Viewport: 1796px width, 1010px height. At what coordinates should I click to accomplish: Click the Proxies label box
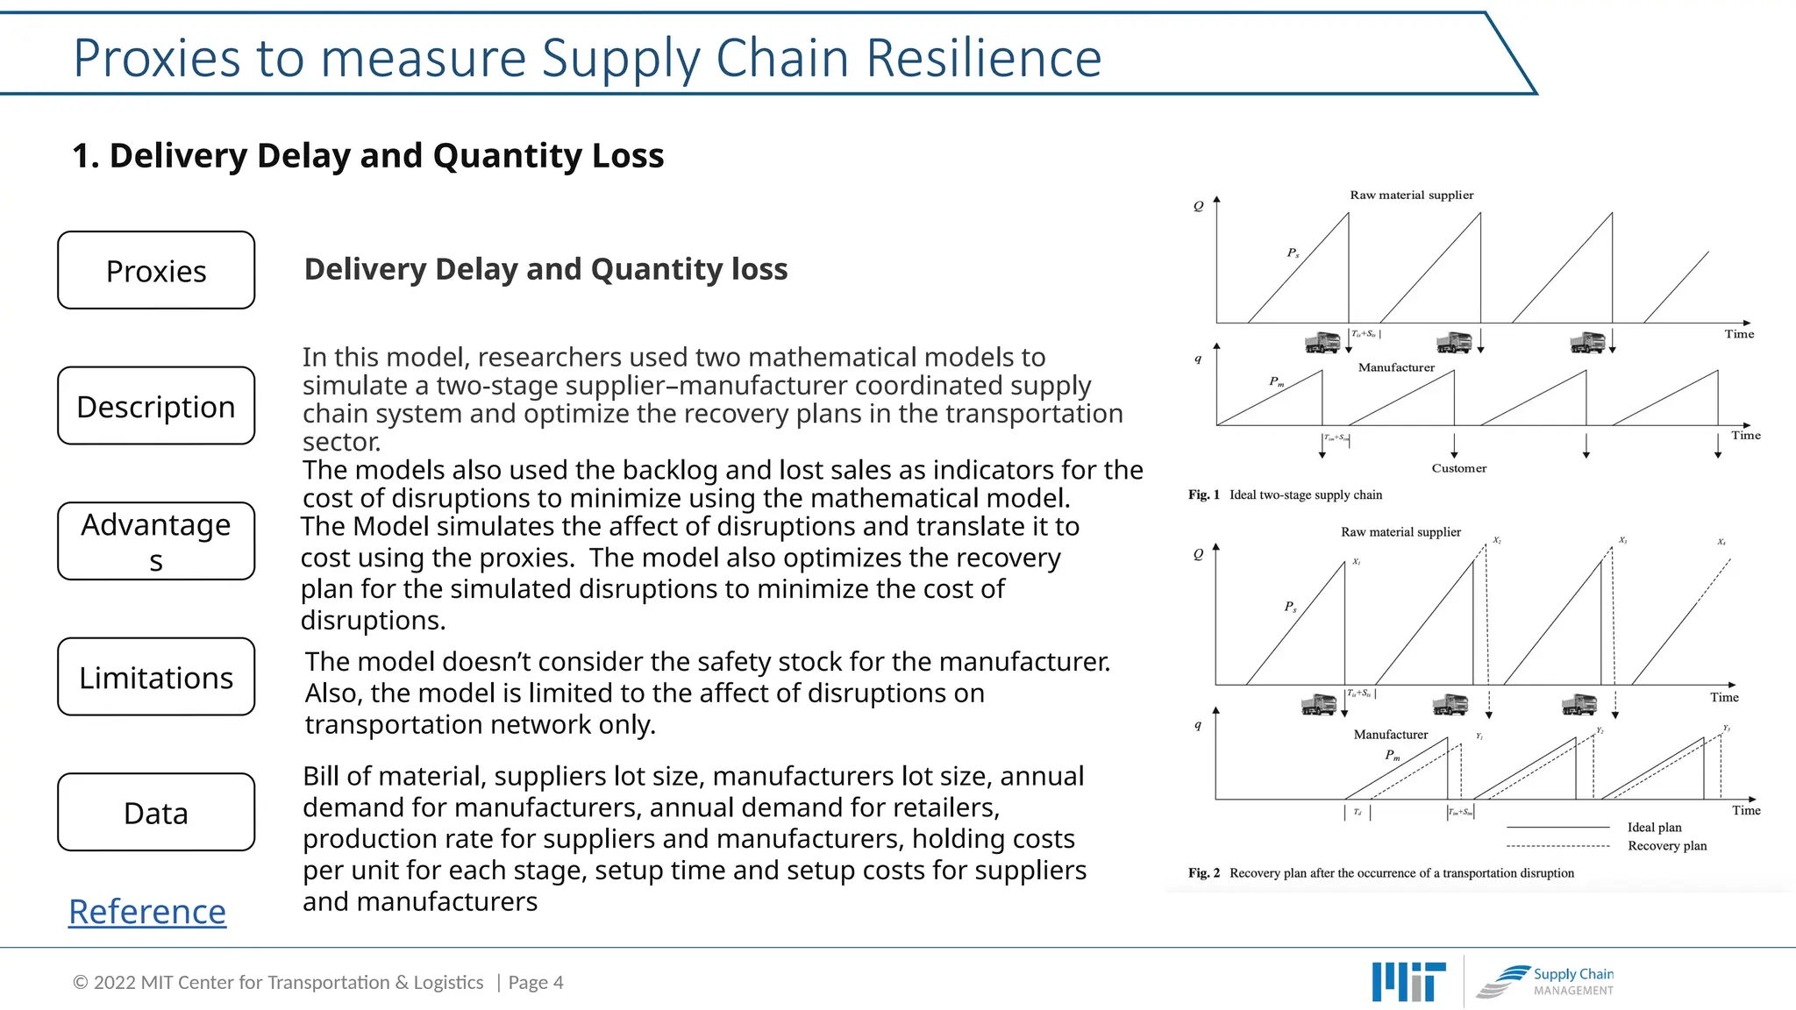pos(156,270)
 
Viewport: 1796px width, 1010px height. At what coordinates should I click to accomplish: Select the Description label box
pos(156,406)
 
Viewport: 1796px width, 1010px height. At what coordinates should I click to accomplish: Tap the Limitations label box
pos(156,677)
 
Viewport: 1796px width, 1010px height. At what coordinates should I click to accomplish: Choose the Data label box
pos(156,812)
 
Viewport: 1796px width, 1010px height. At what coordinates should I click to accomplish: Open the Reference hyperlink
pos(147,912)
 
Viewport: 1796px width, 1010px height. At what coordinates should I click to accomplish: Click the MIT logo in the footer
pos(1408,982)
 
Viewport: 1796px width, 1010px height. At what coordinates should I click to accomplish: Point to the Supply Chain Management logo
pos(1545,982)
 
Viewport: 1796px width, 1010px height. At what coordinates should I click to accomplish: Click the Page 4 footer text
pos(536,983)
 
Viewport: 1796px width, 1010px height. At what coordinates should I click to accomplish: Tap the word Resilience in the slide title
pos(983,59)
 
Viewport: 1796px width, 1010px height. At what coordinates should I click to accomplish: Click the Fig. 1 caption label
pos(1203,495)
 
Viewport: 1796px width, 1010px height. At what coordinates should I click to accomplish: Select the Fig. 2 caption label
pos(1203,873)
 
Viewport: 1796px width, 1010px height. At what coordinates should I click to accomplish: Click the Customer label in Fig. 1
pos(1459,468)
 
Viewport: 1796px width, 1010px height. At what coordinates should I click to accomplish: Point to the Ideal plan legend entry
pos(1654,828)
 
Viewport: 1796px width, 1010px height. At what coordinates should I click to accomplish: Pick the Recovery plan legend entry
pos(1667,846)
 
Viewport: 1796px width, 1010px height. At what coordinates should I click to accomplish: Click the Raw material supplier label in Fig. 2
pos(1400,532)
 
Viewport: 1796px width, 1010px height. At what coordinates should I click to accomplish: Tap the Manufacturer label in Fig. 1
pos(1396,367)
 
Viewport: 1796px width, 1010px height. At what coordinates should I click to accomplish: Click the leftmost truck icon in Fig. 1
pos(1322,342)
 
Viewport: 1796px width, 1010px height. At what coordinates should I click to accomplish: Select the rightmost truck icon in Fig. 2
pos(1579,704)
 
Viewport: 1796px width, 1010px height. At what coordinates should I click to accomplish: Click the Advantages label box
pos(156,541)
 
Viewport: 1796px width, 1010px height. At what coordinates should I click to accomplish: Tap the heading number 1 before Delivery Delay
pos(84,156)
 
